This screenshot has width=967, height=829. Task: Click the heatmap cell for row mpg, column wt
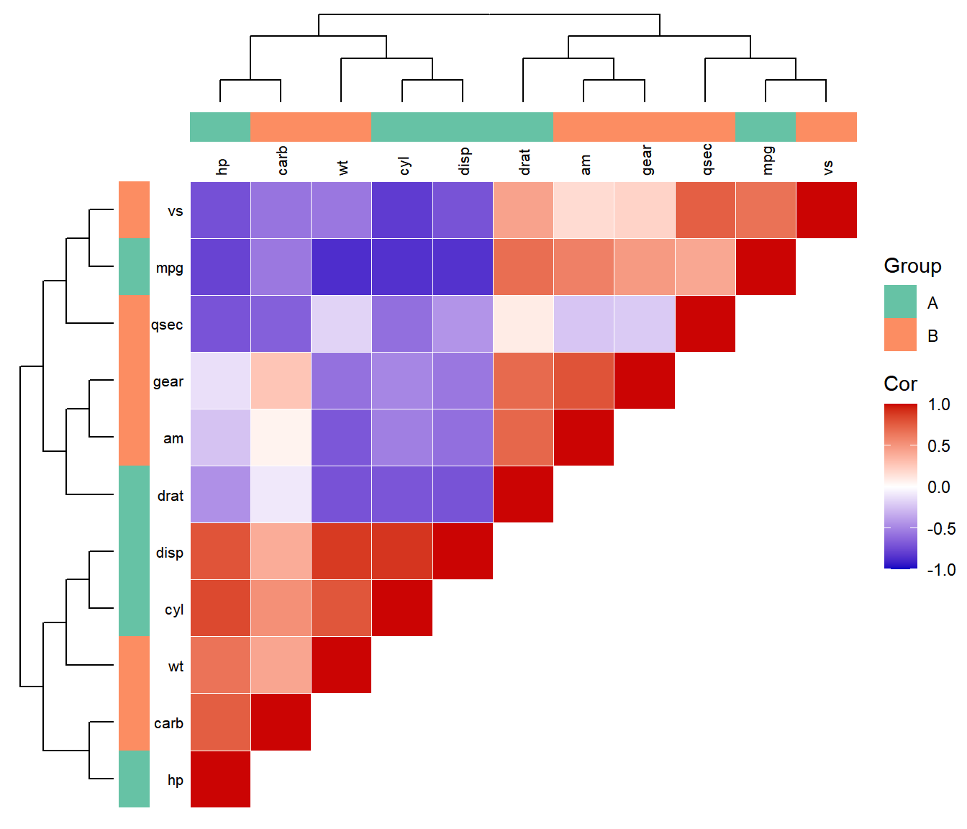[x=342, y=267]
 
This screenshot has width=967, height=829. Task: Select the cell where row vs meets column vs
[x=827, y=210]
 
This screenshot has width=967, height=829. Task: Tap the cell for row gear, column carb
[x=281, y=381]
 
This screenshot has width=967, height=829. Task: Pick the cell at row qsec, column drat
[x=523, y=324]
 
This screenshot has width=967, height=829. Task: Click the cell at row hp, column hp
[x=220, y=779]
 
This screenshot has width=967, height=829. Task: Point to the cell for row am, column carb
[x=281, y=438]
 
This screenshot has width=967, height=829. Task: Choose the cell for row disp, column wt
[x=342, y=551]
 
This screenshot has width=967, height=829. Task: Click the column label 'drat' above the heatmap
[x=525, y=162]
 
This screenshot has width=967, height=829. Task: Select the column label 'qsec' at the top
[x=707, y=159]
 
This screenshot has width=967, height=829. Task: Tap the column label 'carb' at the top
[x=282, y=160]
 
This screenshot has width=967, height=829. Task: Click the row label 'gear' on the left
[x=168, y=381]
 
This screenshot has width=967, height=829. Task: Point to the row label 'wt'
[x=176, y=666]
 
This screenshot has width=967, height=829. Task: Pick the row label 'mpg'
[x=170, y=268]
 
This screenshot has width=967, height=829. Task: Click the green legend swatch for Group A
[x=900, y=302]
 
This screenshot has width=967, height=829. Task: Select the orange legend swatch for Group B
[x=900, y=335]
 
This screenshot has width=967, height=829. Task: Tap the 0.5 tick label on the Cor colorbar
[x=939, y=446]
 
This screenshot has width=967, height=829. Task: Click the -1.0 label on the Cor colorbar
[x=941, y=570]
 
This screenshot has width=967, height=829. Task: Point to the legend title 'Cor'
[x=900, y=384]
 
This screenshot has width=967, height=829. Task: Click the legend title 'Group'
[x=912, y=266]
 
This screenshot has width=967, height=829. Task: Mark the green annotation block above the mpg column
[x=766, y=127]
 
